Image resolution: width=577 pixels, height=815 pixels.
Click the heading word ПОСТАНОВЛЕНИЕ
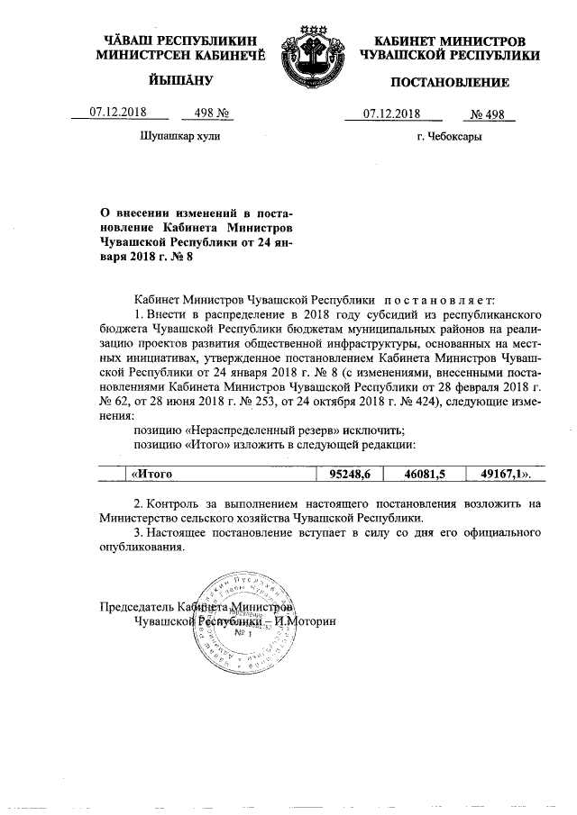pos(449,83)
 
